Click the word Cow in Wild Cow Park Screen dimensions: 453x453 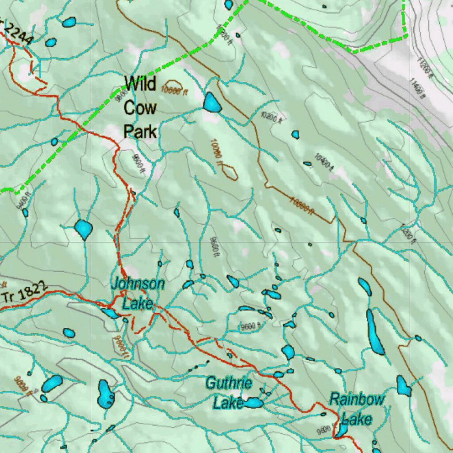pos(140,107)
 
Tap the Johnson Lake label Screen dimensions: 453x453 pos(138,294)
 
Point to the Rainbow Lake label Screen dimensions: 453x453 pos(357,409)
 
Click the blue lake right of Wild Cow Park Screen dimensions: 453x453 pos(212,103)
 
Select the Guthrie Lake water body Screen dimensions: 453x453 pos(253,403)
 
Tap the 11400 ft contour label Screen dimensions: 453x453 pos(417,88)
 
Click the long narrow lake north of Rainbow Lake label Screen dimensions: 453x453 pos(375,332)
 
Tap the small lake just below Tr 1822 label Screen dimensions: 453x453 pos(69,333)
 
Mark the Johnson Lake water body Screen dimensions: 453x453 pos(110,313)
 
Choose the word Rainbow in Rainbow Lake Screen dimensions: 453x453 pos(357,399)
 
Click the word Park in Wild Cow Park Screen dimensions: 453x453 pos(140,131)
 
